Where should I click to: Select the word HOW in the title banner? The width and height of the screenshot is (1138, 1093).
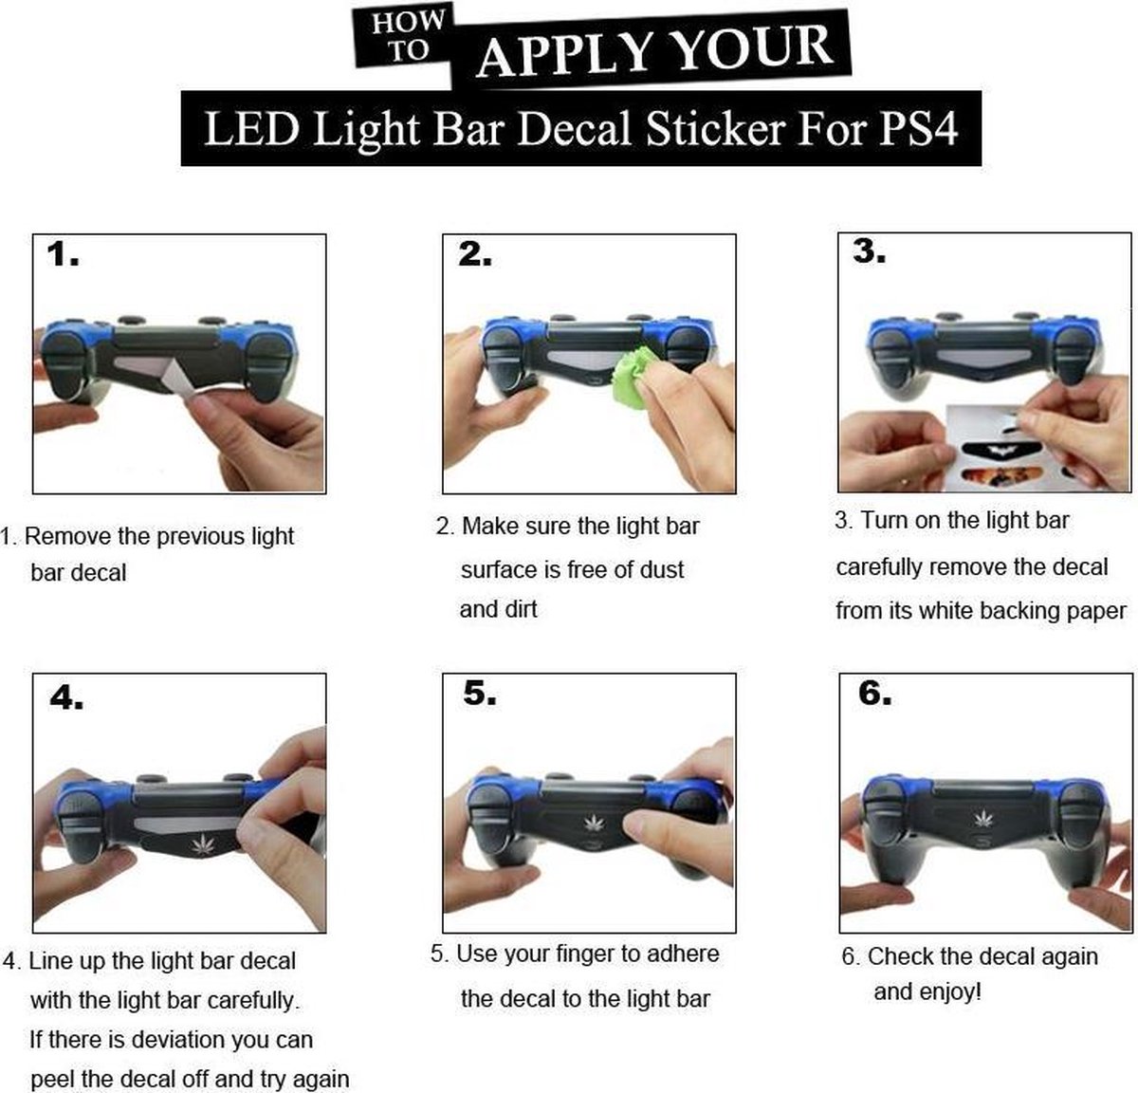409,23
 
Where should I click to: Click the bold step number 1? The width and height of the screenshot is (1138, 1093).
64,255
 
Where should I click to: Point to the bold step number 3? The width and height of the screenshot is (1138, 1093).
869,251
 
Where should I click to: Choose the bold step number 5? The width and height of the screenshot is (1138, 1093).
480,693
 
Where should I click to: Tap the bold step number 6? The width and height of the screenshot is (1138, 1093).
875,694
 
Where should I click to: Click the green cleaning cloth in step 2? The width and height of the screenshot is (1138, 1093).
633,375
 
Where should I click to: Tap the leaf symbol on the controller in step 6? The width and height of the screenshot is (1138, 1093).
984,818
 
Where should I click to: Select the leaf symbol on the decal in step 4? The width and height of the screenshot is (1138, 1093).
203,845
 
